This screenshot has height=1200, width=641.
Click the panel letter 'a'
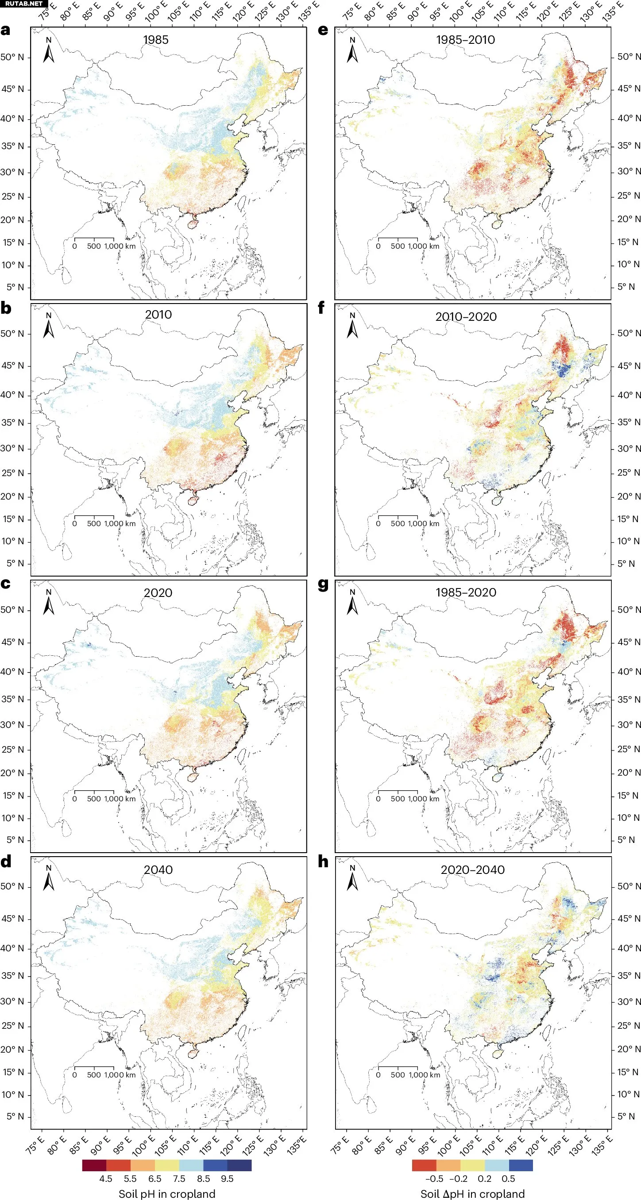[6, 30]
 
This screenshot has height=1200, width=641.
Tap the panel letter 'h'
[323, 862]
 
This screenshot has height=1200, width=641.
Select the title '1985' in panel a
[156, 39]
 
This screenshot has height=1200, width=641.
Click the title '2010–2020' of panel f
[466, 317]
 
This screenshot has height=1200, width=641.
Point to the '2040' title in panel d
[158, 870]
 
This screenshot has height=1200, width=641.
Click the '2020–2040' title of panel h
[472, 870]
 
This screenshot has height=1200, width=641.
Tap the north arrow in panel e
[352, 50]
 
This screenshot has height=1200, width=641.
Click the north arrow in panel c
[49, 602]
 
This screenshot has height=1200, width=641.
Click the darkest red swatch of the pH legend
[94, 1165]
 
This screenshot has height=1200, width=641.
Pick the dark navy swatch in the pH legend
[239, 1165]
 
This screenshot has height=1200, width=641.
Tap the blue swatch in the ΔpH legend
[520, 1165]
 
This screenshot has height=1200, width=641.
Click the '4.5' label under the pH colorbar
[106, 1178]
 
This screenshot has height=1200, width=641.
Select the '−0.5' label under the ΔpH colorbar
[433, 1178]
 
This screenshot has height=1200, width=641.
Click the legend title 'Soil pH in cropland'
[167, 1193]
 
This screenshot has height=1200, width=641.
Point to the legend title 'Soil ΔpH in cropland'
[472, 1193]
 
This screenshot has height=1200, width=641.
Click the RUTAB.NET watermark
[24, 4]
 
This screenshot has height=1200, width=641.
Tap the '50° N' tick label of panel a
[12, 57]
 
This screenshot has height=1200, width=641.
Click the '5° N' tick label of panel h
[626, 1116]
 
